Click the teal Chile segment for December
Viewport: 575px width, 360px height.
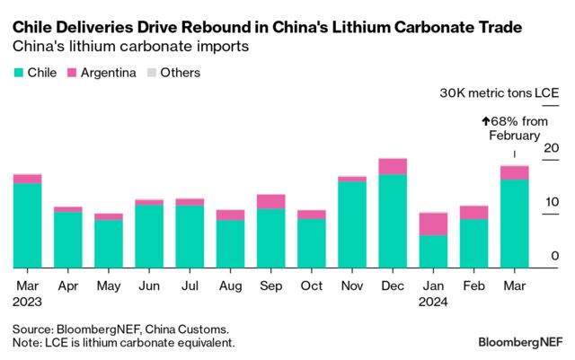point(393,221)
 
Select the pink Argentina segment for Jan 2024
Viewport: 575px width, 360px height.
point(433,224)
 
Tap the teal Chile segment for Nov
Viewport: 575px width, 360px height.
point(352,224)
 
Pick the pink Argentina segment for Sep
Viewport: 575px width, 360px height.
point(270,201)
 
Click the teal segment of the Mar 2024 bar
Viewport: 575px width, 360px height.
point(514,224)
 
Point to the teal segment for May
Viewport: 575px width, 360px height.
point(109,243)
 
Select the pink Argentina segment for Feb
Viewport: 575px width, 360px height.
point(473,212)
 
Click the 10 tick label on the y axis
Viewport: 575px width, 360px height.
point(552,203)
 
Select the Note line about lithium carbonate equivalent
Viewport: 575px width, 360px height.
point(124,343)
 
